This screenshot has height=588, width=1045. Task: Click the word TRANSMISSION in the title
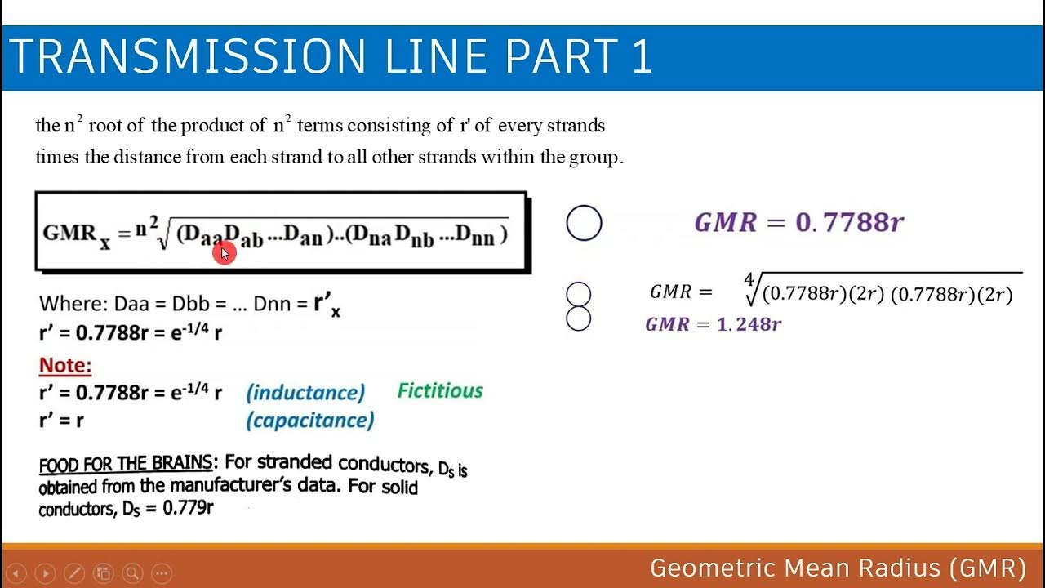pyautogui.click(x=188, y=57)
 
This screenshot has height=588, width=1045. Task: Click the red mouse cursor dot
pyautogui.click(x=223, y=254)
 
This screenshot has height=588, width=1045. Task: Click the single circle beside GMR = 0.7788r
pyautogui.click(x=584, y=223)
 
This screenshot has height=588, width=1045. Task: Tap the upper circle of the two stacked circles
pyautogui.click(x=578, y=294)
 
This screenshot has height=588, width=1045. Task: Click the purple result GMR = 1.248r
pyautogui.click(x=714, y=324)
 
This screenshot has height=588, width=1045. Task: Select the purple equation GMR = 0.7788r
pyautogui.click(x=798, y=222)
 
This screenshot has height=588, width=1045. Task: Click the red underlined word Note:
pyautogui.click(x=65, y=365)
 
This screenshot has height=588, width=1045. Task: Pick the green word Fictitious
pyautogui.click(x=440, y=390)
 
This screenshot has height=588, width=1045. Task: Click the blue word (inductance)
pyautogui.click(x=305, y=393)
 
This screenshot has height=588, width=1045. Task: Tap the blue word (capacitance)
pyautogui.click(x=310, y=421)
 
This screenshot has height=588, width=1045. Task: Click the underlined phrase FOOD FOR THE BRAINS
pyautogui.click(x=125, y=465)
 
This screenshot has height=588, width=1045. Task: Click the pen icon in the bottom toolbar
pyautogui.click(x=73, y=572)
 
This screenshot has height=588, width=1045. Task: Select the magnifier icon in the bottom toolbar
pyautogui.click(x=132, y=572)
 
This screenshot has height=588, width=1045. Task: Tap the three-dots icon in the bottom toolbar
pyautogui.click(x=162, y=572)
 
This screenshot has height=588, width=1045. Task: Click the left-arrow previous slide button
pyautogui.click(x=16, y=572)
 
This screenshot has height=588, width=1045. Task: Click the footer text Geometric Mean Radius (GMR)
pyautogui.click(x=838, y=568)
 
